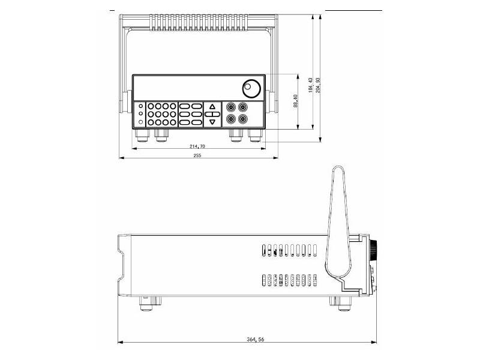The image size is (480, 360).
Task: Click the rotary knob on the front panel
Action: coord(250,89)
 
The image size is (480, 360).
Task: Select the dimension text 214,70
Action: coord(197,146)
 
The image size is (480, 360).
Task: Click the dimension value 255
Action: coord(197,155)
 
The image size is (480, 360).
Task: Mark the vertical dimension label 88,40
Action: coord(294,101)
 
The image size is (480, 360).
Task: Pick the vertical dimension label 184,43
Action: coord(310,85)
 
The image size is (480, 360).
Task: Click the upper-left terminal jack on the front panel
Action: coord(231,107)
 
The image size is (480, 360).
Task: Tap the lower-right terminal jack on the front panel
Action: coord(243,119)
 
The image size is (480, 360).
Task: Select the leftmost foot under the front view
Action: coord(143,137)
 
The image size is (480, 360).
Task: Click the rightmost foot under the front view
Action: coord(255,137)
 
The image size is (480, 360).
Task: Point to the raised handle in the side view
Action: coord(340,228)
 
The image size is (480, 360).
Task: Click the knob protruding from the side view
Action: coord(375,248)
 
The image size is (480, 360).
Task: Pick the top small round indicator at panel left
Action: coord(140,106)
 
